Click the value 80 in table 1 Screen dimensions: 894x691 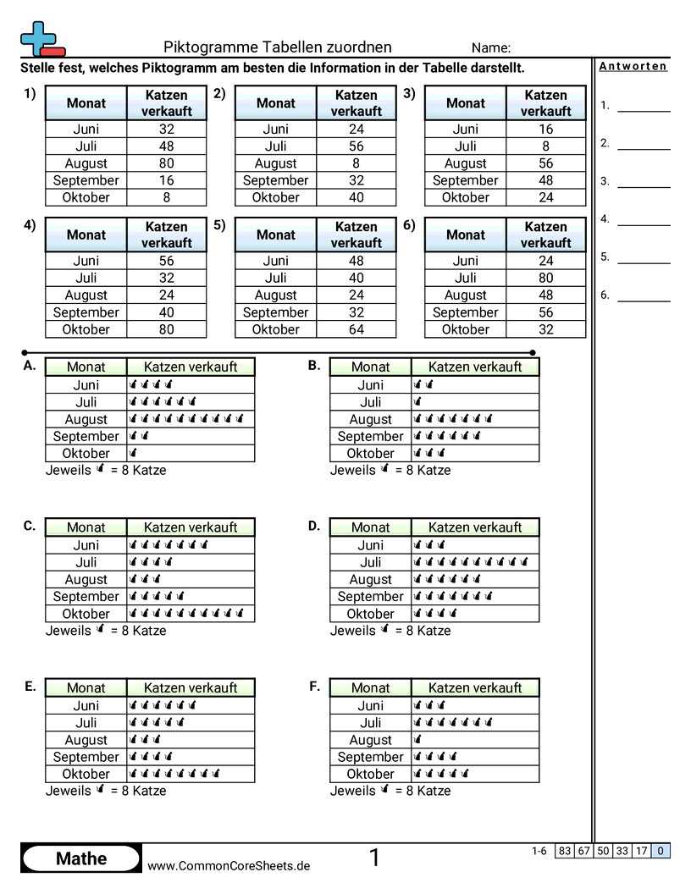[166, 163]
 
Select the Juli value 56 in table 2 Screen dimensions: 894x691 [356, 146]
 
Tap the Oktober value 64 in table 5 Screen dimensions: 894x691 [356, 329]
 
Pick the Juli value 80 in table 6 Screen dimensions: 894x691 [545, 278]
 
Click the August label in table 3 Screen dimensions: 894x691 [465, 163]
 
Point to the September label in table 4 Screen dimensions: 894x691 [86, 312]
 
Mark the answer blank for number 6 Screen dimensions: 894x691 [644, 300]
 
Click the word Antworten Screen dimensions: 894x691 [633, 66]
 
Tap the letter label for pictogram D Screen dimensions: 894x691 [314, 526]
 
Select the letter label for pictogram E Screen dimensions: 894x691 [30, 687]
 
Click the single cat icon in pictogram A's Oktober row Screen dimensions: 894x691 [133, 453]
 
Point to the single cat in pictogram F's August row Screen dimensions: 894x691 [417, 740]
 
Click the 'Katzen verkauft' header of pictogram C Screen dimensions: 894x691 [191, 527]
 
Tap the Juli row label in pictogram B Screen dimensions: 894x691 [370, 402]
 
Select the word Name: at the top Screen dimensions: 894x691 [490, 47]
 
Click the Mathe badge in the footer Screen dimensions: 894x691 [81, 858]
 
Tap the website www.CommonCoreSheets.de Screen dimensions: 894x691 [229, 865]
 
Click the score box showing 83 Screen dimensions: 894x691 [564, 851]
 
